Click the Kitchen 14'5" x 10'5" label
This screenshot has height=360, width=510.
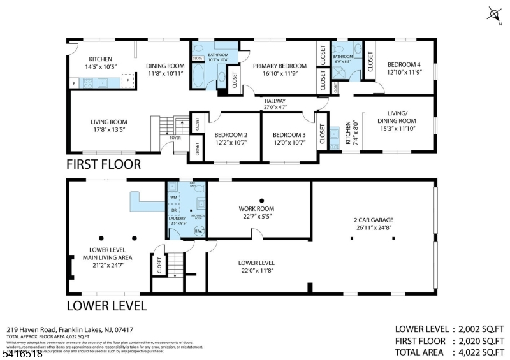100,62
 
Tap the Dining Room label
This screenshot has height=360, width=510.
165,69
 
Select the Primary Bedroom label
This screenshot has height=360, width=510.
279,69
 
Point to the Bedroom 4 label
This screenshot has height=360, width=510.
404,68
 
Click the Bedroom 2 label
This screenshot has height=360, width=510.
230,138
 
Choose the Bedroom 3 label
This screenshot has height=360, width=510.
289,138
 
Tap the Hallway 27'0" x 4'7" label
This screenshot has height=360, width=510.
275,104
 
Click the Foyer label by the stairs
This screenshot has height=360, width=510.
175,137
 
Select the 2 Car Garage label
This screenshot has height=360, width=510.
373,224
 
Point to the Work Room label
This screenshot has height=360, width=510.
256,212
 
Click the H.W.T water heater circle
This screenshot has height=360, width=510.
198,232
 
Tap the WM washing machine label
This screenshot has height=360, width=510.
173,198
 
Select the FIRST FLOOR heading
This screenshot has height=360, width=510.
103,164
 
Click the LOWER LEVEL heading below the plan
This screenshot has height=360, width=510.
106,306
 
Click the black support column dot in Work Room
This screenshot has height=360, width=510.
261,199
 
